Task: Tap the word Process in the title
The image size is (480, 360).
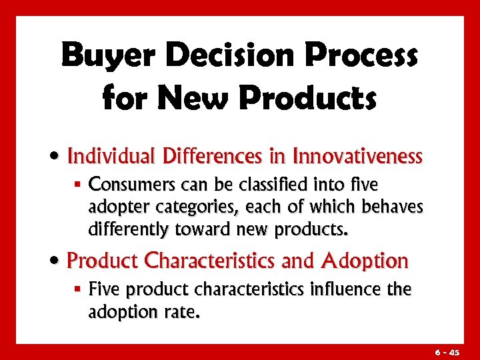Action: click(360, 56)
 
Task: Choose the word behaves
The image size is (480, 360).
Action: click(393, 207)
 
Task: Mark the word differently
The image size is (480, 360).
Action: click(131, 230)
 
